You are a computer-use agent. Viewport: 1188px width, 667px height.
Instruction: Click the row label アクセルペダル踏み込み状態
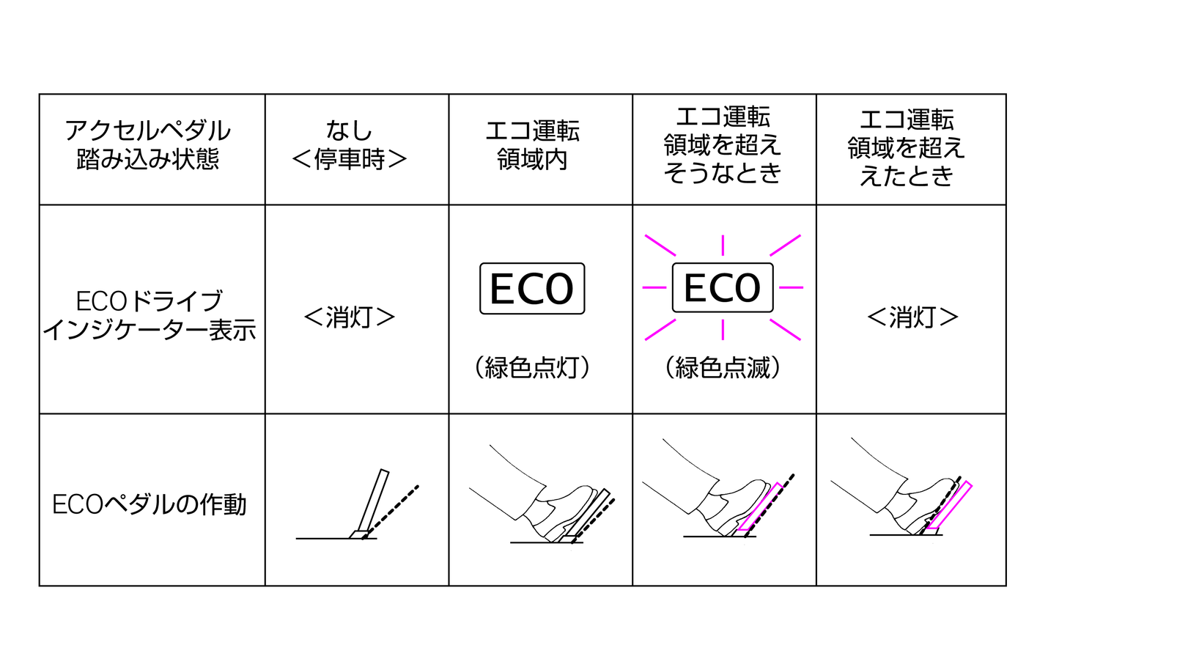pos(148,145)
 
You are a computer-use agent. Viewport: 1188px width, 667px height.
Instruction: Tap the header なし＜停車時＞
pos(350,145)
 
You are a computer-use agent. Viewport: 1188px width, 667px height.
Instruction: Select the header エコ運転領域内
pos(533,145)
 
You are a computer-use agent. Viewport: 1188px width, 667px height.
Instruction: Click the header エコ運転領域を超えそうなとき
pos(723,145)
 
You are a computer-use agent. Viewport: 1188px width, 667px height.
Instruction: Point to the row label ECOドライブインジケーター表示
pos(149,316)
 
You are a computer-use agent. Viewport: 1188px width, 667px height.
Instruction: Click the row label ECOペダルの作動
pos(149,504)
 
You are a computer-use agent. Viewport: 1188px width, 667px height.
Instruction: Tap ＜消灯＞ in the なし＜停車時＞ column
pos(350,317)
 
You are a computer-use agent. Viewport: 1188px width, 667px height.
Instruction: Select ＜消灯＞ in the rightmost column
pos(912,317)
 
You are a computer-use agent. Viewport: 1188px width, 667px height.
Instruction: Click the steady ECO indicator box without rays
pos(532,289)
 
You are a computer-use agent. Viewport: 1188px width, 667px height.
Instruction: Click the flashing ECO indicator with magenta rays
pos(723,287)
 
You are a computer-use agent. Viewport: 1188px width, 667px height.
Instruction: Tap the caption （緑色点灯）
pos(532,367)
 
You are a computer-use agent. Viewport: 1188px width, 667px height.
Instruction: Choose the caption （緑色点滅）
pos(723,367)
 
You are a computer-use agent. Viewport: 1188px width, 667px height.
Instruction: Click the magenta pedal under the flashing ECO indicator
pos(761,506)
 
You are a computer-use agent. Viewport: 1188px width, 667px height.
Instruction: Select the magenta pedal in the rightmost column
pos(949,505)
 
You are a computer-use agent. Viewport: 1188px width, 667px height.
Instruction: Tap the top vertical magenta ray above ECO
pos(723,246)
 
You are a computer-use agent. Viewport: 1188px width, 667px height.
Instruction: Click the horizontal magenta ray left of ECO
pos(654,287)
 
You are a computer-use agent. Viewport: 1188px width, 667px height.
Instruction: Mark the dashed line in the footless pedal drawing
pos(391,512)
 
